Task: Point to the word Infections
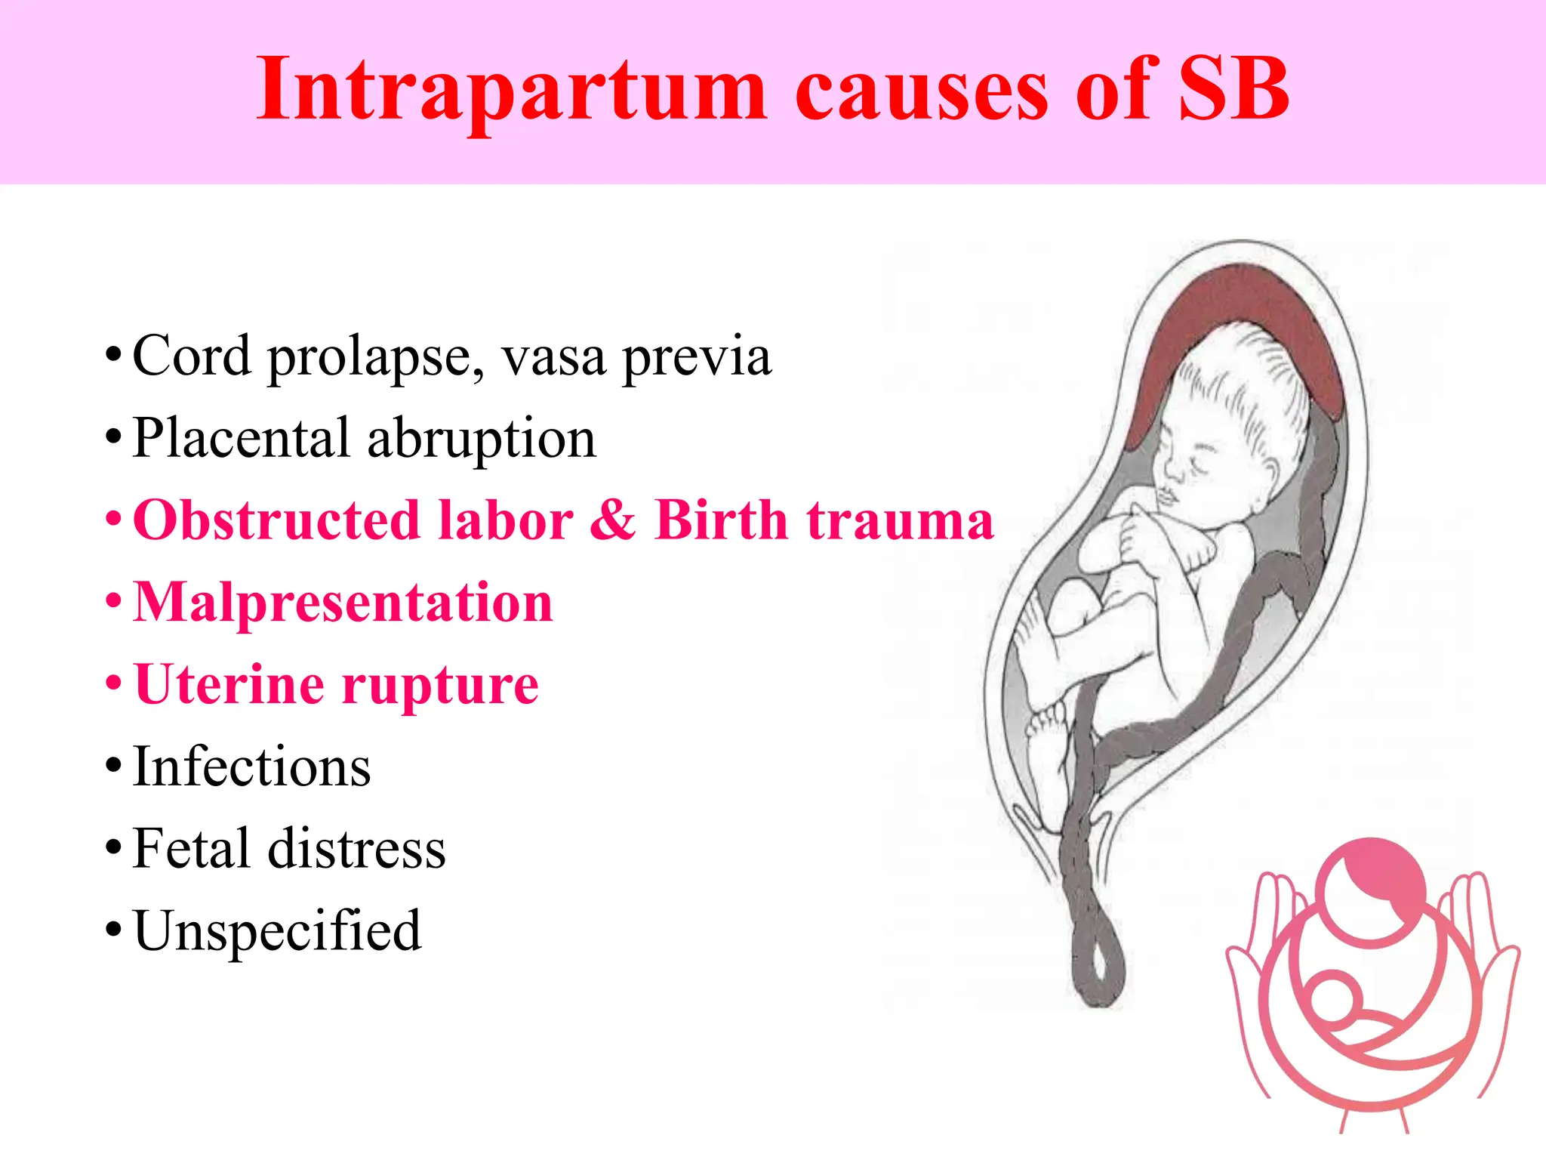251,767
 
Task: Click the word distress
356,849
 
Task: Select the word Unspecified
277,930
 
